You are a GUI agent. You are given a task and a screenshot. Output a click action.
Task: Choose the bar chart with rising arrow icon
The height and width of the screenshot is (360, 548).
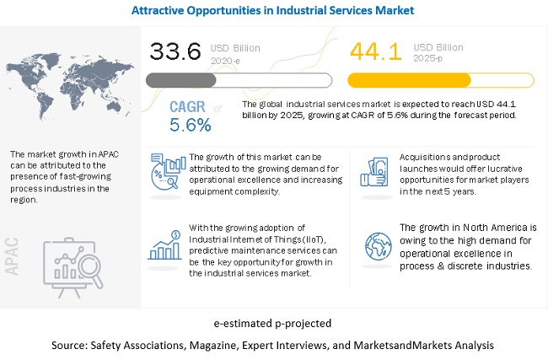[167, 244]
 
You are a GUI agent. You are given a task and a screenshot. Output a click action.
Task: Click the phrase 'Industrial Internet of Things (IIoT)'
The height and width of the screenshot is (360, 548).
[245, 240]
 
